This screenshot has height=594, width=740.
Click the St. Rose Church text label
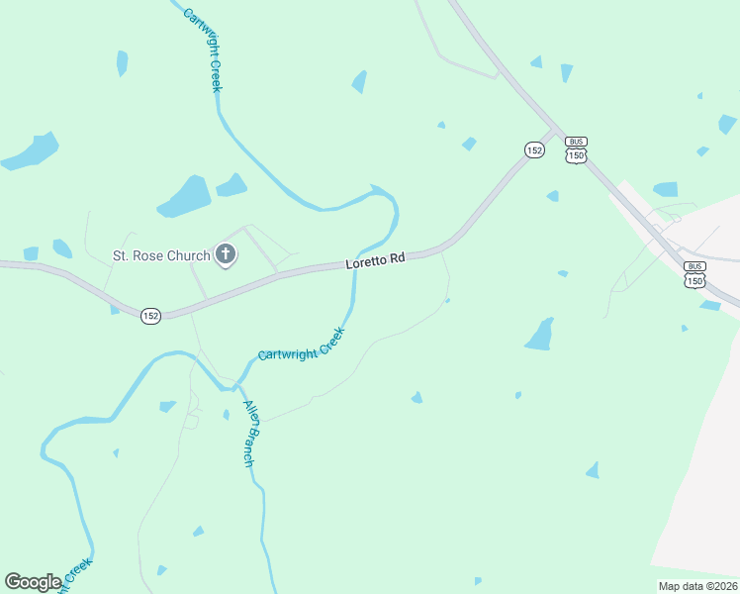click(x=160, y=256)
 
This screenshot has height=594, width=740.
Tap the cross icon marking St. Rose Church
click(x=226, y=255)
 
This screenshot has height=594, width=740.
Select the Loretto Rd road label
click(x=376, y=261)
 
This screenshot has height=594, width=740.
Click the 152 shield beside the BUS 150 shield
click(x=534, y=149)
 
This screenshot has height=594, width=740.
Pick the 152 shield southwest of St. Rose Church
click(x=149, y=316)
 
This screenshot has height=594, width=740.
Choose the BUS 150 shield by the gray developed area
click(x=694, y=274)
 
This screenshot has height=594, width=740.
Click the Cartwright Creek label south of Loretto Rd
click(x=301, y=343)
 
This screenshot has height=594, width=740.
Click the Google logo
click(x=33, y=582)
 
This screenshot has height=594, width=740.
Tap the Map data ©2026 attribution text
click(x=697, y=586)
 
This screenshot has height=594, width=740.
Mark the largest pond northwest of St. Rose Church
click(x=184, y=196)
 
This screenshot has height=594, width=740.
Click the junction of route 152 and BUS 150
click(x=557, y=131)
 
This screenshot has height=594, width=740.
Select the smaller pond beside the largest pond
click(x=231, y=185)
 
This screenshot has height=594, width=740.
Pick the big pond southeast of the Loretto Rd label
click(x=539, y=335)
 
